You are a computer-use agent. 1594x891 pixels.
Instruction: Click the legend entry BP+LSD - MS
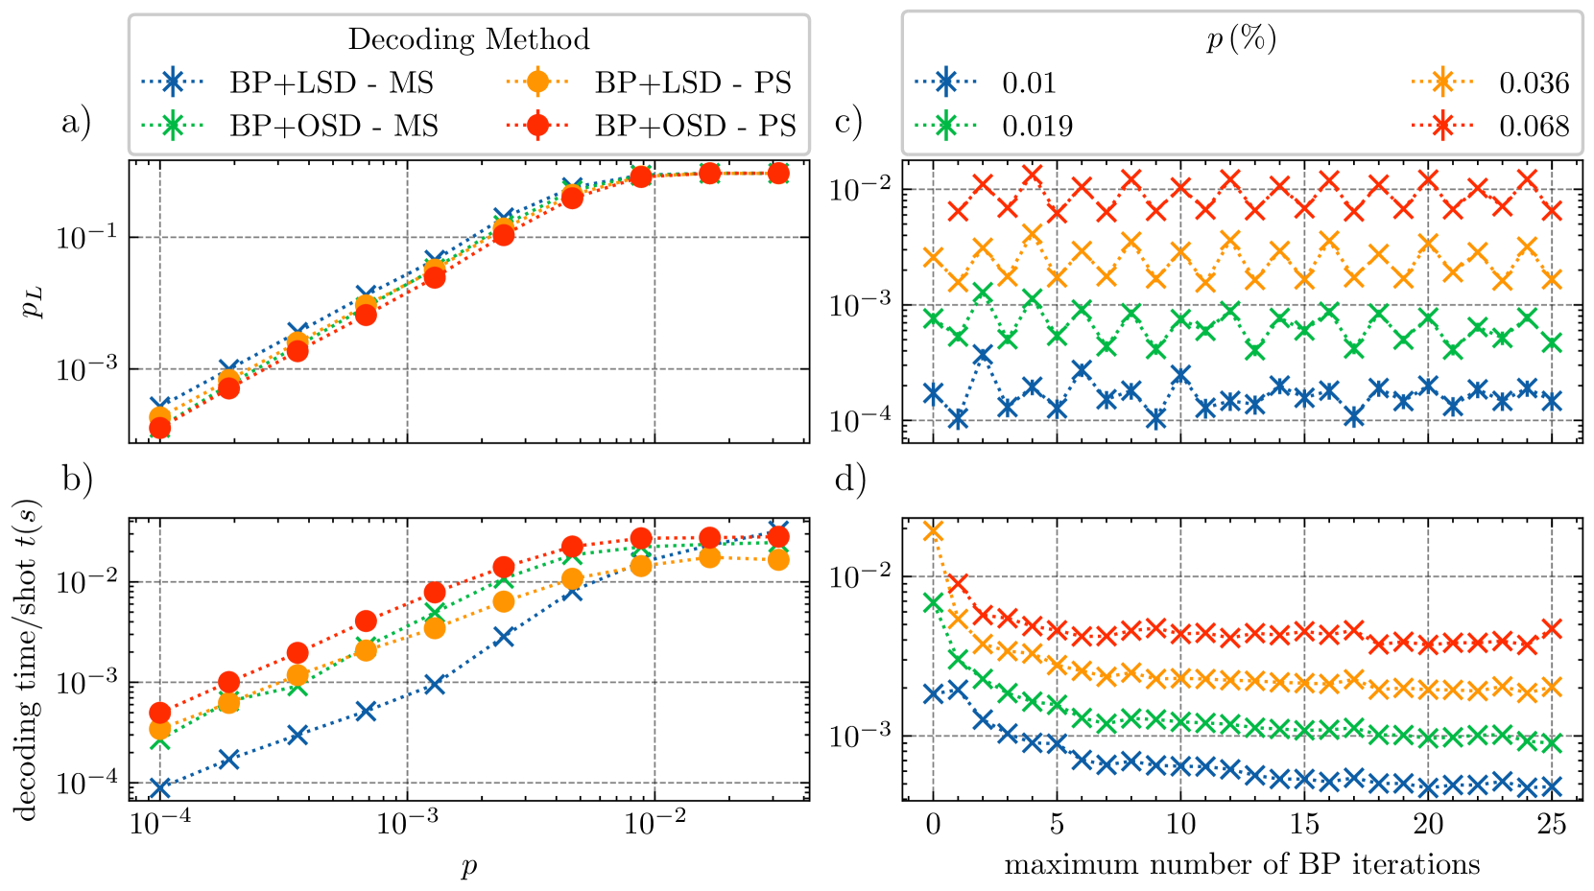(331, 82)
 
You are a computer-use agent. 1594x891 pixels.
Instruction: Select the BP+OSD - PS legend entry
(696, 126)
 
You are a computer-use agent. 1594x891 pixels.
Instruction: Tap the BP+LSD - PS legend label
(693, 82)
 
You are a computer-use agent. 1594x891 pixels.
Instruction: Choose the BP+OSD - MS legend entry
(333, 126)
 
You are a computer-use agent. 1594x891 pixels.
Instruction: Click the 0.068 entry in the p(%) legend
(1534, 126)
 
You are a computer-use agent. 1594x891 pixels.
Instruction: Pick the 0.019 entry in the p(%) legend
(1036, 126)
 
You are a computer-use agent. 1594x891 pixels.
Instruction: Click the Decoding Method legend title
(468, 39)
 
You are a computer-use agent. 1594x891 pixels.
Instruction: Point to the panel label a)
(76, 125)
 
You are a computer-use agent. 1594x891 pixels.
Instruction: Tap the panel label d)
(849, 479)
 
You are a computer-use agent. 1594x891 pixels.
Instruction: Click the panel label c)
(849, 125)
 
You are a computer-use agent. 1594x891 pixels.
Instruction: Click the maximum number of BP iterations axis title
(1242, 864)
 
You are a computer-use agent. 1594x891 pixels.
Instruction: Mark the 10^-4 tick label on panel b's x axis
(158, 824)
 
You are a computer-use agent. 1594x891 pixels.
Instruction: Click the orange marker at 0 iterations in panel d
(933, 531)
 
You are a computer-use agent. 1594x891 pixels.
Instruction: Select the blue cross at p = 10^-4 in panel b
(159, 788)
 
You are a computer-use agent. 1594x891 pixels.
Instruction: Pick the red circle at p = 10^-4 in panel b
(159, 713)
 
